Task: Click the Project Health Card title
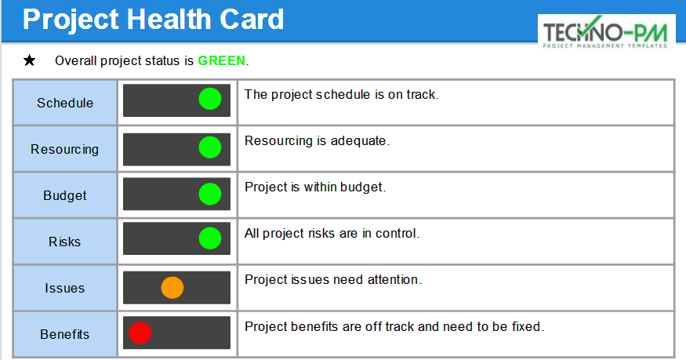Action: click(x=153, y=20)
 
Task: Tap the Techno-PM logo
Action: click(x=606, y=33)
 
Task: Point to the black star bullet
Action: click(x=30, y=60)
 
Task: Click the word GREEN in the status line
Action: click(x=221, y=60)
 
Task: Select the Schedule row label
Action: click(x=65, y=103)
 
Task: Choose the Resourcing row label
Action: click(x=65, y=149)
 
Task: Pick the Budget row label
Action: click(x=65, y=195)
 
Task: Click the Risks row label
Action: click(x=65, y=242)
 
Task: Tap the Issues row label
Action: click(x=65, y=288)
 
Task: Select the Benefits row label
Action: click(x=65, y=334)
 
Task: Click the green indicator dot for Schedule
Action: click(x=210, y=100)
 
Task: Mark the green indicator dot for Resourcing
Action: click(x=210, y=147)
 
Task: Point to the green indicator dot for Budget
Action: click(x=210, y=194)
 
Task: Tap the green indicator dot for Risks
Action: click(x=210, y=238)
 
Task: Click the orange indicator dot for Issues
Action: click(x=172, y=288)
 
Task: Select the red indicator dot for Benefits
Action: click(x=140, y=333)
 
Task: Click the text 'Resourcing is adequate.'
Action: click(x=317, y=141)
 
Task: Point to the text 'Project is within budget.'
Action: click(x=315, y=187)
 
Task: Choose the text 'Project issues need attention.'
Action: click(x=333, y=279)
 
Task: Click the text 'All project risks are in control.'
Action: click(x=332, y=233)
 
